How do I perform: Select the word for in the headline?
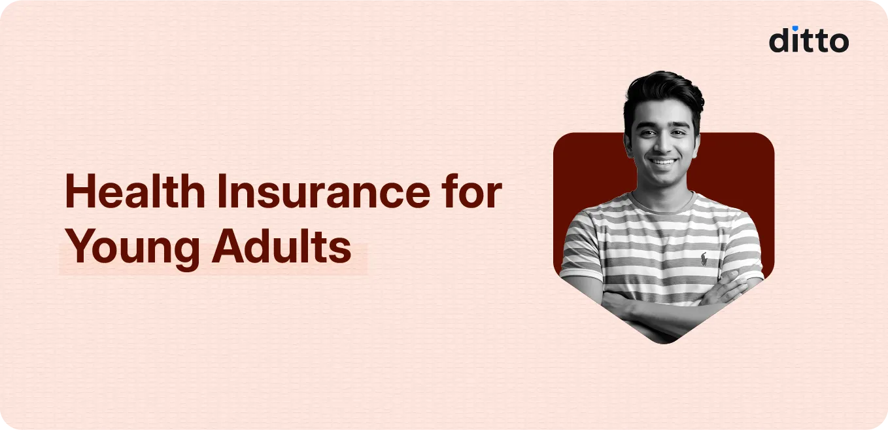473,194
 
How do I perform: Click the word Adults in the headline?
281,248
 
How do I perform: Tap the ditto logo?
808,40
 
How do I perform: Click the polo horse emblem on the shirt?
704,259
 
